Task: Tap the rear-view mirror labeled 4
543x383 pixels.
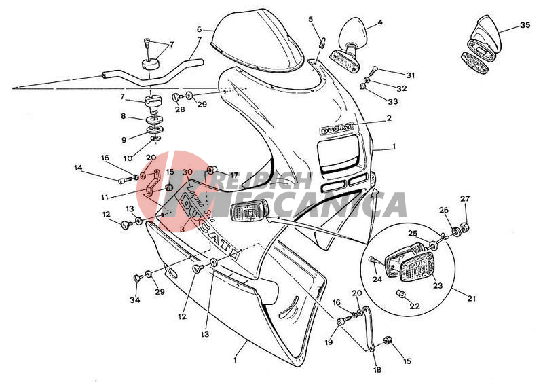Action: coord(354,32)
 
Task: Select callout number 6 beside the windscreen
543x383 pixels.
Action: coord(200,30)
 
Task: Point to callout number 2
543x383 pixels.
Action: coord(408,118)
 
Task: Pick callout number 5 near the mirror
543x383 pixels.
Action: coord(311,20)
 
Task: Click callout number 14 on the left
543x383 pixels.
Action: coord(78,168)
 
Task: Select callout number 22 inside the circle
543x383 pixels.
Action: coord(414,306)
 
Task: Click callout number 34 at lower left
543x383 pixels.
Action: coord(135,300)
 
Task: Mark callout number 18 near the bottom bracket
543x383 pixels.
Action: coord(377,371)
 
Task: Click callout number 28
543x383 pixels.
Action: coord(179,109)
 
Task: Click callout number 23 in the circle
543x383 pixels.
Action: coord(437,286)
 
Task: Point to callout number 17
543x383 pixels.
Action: coord(234,175)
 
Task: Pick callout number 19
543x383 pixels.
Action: coord(329,342)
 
